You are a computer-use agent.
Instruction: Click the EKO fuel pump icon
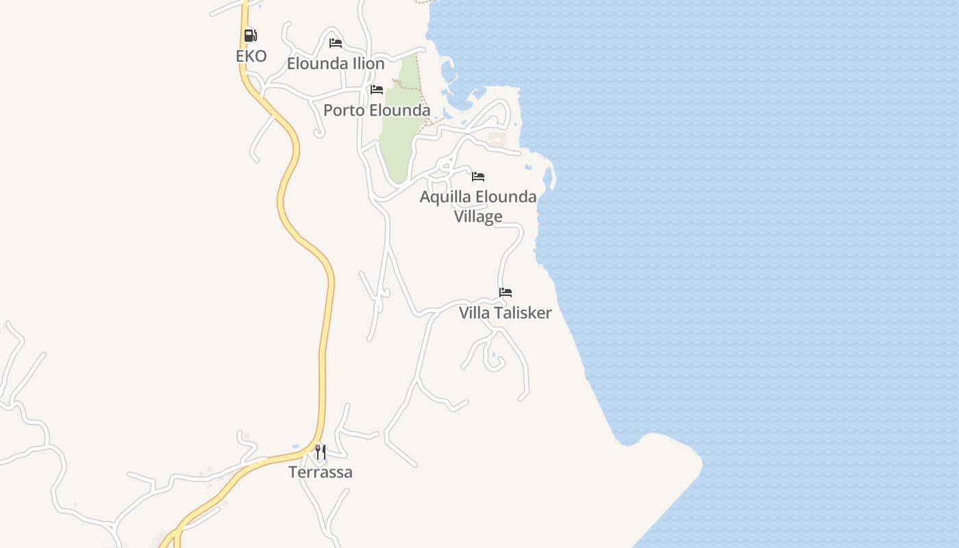click(250, 36)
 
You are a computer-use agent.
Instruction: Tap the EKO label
click(251, 56)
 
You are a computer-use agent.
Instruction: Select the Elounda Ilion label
click(336, 64)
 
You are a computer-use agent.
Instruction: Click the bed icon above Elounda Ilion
click(336, 43)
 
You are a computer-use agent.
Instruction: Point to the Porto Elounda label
click(377, 110)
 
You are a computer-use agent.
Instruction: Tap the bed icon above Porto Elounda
click(376, 90)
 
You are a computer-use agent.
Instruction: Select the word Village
click(478, 216)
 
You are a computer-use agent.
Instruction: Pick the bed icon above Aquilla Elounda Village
click(478, 177)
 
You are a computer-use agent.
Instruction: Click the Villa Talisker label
click(506, 313)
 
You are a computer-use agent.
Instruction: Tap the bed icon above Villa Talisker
click(506, 292)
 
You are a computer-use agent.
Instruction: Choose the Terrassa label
click(321, 472)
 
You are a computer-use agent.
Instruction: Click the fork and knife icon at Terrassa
click(320, 452)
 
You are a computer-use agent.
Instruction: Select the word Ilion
click(370, 64)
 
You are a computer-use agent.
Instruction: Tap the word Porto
click(344, 110)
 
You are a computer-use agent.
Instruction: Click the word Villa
click(474, 313)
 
